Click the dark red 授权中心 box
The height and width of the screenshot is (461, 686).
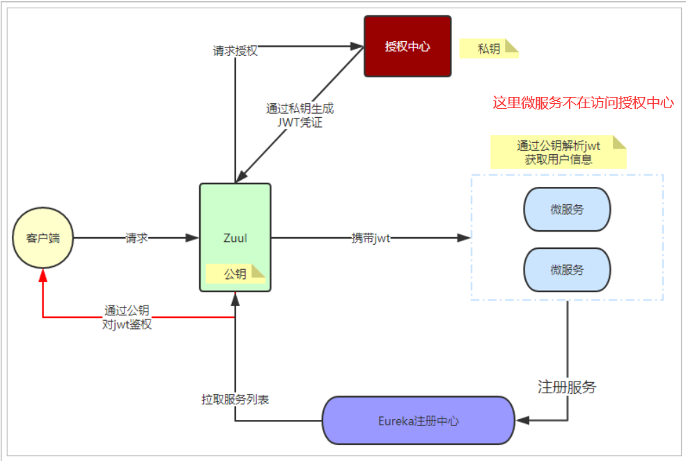[407, 47]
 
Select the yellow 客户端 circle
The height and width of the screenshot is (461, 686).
[43, 238]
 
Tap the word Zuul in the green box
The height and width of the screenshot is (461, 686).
[235, 238]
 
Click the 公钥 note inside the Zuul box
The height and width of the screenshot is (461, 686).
[235, 274]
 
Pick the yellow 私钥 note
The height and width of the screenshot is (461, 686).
[489, 48]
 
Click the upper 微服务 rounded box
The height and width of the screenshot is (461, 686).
[567, 209]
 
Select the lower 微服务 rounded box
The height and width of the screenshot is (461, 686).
[567, 270]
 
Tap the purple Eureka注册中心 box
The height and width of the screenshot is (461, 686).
[418, 421]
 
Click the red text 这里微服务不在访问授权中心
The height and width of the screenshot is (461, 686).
[583, 103]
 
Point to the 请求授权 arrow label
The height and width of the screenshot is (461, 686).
[235, 51]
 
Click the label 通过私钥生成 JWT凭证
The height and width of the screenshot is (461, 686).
[299, 115]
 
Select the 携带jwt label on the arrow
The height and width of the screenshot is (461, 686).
[371, 239]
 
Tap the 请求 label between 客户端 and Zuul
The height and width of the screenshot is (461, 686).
[137, 238]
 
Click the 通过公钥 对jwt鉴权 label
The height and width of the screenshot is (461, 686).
[127, 317]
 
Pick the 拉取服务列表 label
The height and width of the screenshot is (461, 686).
[235, 400]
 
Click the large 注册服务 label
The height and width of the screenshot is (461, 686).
[567, 387]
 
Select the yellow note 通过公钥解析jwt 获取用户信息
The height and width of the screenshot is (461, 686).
[559, 152]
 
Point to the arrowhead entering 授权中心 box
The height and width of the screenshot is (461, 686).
[358, 47]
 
